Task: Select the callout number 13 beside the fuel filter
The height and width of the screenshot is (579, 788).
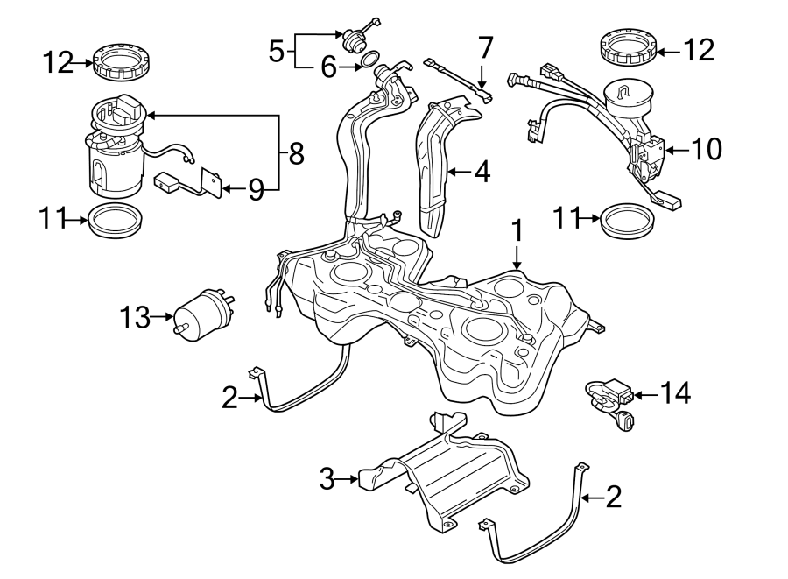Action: point(136,318)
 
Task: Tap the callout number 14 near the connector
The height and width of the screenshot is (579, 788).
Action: point(675,394)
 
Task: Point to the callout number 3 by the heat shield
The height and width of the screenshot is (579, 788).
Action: point(327,479)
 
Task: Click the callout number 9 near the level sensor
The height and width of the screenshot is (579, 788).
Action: point(255,188)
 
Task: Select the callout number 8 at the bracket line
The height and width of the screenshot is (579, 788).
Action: point(296,155)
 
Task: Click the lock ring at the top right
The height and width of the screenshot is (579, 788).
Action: point(628,49)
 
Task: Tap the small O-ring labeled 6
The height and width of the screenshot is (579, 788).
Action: point(371,60)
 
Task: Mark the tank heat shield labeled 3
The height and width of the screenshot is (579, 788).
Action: point(447,473)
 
